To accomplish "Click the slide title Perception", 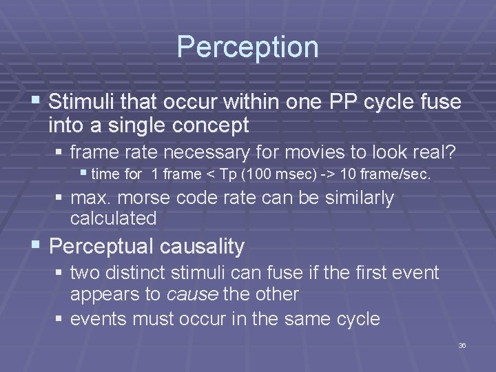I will (247, 47).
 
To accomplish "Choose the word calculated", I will (114, 218).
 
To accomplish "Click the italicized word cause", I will (193, 294).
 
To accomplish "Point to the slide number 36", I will (462, 345).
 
